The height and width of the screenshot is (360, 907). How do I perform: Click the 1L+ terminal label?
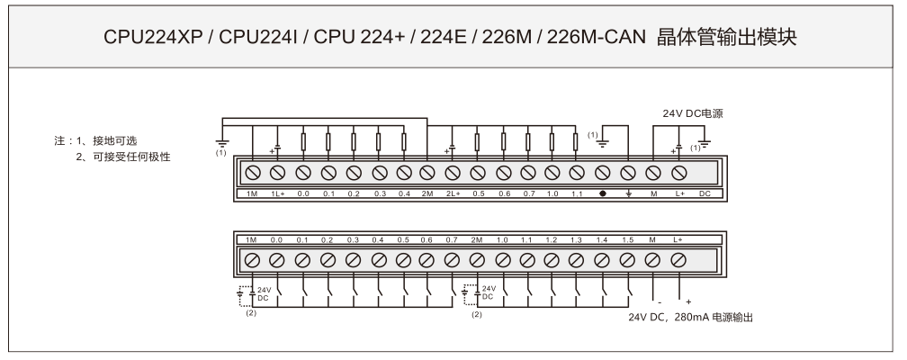coord(277,193)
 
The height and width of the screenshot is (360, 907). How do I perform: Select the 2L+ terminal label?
coord(453,193)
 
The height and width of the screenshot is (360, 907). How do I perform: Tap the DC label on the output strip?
coord(705,193)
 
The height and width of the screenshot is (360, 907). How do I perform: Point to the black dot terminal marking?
coord(603,193)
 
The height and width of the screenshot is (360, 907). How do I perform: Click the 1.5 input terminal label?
coord(627,240)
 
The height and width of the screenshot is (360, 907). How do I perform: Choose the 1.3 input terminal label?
coord(577,240)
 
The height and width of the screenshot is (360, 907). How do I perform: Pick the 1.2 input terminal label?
coord(552,240)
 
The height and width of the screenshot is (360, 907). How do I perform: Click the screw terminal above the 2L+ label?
coord(453,172)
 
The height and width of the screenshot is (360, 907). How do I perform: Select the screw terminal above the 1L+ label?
coord(277,172)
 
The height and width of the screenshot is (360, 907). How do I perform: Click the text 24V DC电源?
coord(693,114)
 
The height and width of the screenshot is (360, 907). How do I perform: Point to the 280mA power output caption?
coord(690,317)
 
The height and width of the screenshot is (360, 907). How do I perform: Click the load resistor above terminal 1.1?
coord(575,141)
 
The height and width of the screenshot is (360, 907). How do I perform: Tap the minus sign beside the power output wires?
coord(659,301)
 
